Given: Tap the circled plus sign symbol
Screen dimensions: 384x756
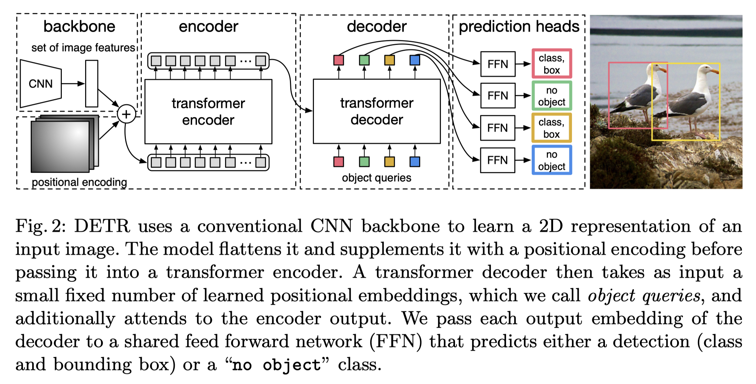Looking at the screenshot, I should pos(126,114).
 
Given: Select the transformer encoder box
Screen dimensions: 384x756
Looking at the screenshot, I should pos(208,112).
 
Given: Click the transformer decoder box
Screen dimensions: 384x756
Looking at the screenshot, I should pos(377,111).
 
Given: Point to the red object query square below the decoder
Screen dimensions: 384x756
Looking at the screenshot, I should pos(338,162).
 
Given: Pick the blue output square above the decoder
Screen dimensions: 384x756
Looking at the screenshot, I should pos(415,60).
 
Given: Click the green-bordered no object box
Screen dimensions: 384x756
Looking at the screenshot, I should pos(552,96).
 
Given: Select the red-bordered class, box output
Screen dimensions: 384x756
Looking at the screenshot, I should pos(552,64).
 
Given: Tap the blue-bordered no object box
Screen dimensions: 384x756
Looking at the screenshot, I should pos(552,160).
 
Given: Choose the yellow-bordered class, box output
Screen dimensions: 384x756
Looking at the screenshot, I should pos(552,128).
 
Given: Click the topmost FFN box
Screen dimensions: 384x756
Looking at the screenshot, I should pos(498,64).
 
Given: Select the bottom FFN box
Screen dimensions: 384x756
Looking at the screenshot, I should pos(497,160).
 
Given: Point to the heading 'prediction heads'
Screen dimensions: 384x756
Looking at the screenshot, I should pos(519,27).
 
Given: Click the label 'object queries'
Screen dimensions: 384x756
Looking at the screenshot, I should pos(377,178).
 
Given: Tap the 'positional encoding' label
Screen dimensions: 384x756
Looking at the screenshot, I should pos(79,182).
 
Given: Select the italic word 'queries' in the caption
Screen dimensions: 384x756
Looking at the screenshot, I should pos(671,296).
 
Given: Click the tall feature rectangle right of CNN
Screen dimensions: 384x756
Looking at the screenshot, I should pos(92,84).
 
